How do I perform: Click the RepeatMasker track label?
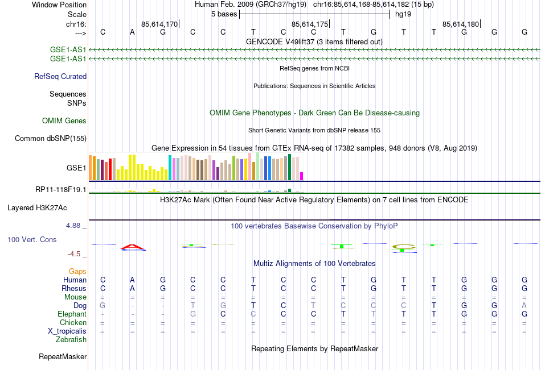(63, 357)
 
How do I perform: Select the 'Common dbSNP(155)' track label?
(51, 138)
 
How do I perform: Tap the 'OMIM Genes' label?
(64, 120)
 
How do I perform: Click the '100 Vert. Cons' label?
(32, 240)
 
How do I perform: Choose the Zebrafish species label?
(71, 340)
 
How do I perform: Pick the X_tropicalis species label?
(67, 331)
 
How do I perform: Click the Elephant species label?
(72, 314)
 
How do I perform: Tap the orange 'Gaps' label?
(77, 272)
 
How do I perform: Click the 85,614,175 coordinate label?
(310, 24)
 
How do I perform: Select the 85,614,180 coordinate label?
(461, 24)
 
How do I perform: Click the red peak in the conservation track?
(132, 247)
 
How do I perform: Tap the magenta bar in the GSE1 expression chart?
(302, 176)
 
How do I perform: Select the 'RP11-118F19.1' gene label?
(60, 189)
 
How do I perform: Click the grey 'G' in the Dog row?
(103, 306)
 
